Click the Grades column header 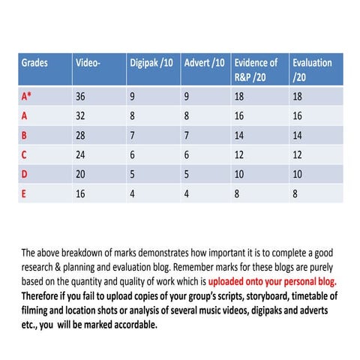(34, 63)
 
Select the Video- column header (88, 63)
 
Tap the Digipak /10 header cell (151, 63)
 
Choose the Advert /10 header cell (204, 63)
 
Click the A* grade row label (26, 97)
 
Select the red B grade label (24, 136)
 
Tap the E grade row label (24, 193)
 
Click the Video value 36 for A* (81, 97)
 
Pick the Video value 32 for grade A (81, 116)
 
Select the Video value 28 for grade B (81, 136)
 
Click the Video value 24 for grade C (81, 155)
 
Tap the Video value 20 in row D (81, 174)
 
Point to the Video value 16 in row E (81, 193)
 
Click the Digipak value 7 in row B (132, 136)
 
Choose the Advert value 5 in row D (186, 174)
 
